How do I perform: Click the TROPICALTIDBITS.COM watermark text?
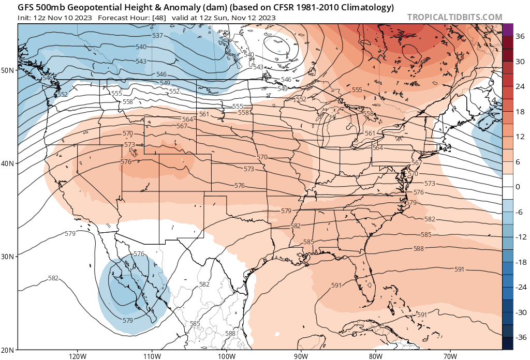pyautogui.click(x=454, y=17)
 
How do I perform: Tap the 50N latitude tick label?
pyautogui.click(x=8, y=70)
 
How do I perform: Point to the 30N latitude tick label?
pyautogui.click(x=8, y=257)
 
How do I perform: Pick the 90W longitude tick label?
pyautogui.click(x=301, y=356)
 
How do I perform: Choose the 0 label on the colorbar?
pyautogui.click(x=518, y=186)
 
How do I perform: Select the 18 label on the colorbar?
pyautogui.click(x=519, y=111)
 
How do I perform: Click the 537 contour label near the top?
pyautogui.click(x=158, y=36)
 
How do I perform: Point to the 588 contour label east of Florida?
pyautogui.click(x=419, y=249)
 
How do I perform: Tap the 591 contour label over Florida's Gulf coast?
pyautogui.click(x=336, y=285)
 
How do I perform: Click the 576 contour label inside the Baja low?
pyautogui.click(x=139, y=254)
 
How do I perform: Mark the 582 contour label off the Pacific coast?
pyautogui.click(x=53, y=278)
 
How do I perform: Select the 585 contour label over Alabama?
pyautogui.click(x=308, y=242)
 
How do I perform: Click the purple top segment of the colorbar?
pyautogui.click(x=507, y=29)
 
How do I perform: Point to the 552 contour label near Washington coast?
pyautogui.click(x=63, y=94)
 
